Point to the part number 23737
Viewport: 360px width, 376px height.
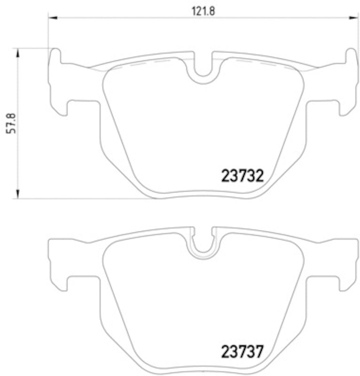click(x=241, y=351)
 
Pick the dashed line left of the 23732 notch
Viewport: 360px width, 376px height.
click(x=141, y=64)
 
